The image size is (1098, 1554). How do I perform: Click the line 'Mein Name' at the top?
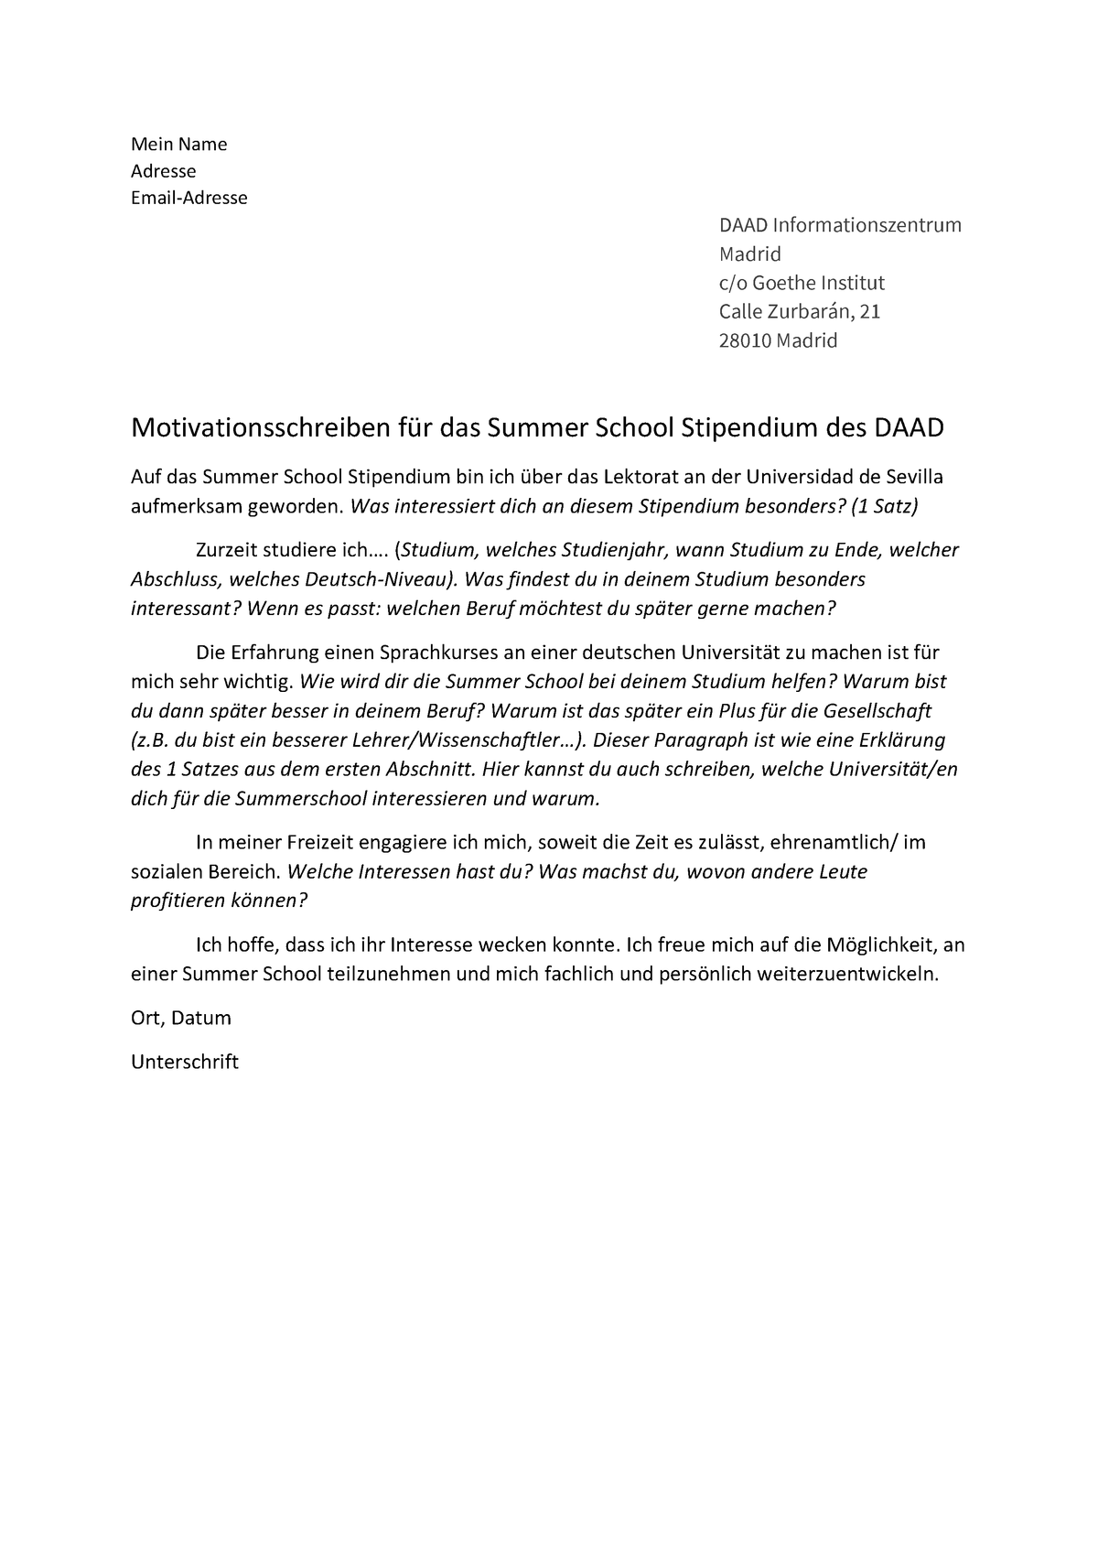click(178, 144)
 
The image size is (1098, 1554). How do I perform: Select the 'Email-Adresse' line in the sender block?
click(189, 198)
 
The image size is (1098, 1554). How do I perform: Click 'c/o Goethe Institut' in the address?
click(802, 283)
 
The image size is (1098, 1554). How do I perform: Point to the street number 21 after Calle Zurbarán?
click(869, 312)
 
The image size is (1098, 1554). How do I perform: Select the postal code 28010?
click(745, 341)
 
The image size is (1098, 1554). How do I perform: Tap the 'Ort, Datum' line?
click(181, 1018)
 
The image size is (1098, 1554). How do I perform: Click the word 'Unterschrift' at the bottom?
click(185, 1062)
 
